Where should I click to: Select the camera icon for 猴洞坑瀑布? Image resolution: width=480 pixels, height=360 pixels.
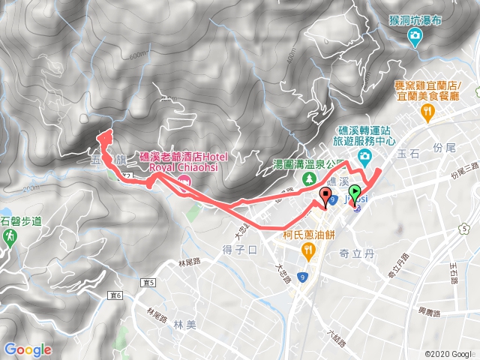[415, 34]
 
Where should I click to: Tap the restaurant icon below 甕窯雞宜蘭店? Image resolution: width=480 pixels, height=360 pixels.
[428, 113]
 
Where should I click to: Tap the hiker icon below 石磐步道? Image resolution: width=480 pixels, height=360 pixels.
[10, 237]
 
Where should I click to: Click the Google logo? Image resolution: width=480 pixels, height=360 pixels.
[28, 349]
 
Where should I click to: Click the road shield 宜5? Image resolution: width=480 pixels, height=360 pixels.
[147, 283]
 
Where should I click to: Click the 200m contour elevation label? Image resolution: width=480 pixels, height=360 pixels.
[31, 187]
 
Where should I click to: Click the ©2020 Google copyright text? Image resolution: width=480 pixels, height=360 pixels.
[448, 354]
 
